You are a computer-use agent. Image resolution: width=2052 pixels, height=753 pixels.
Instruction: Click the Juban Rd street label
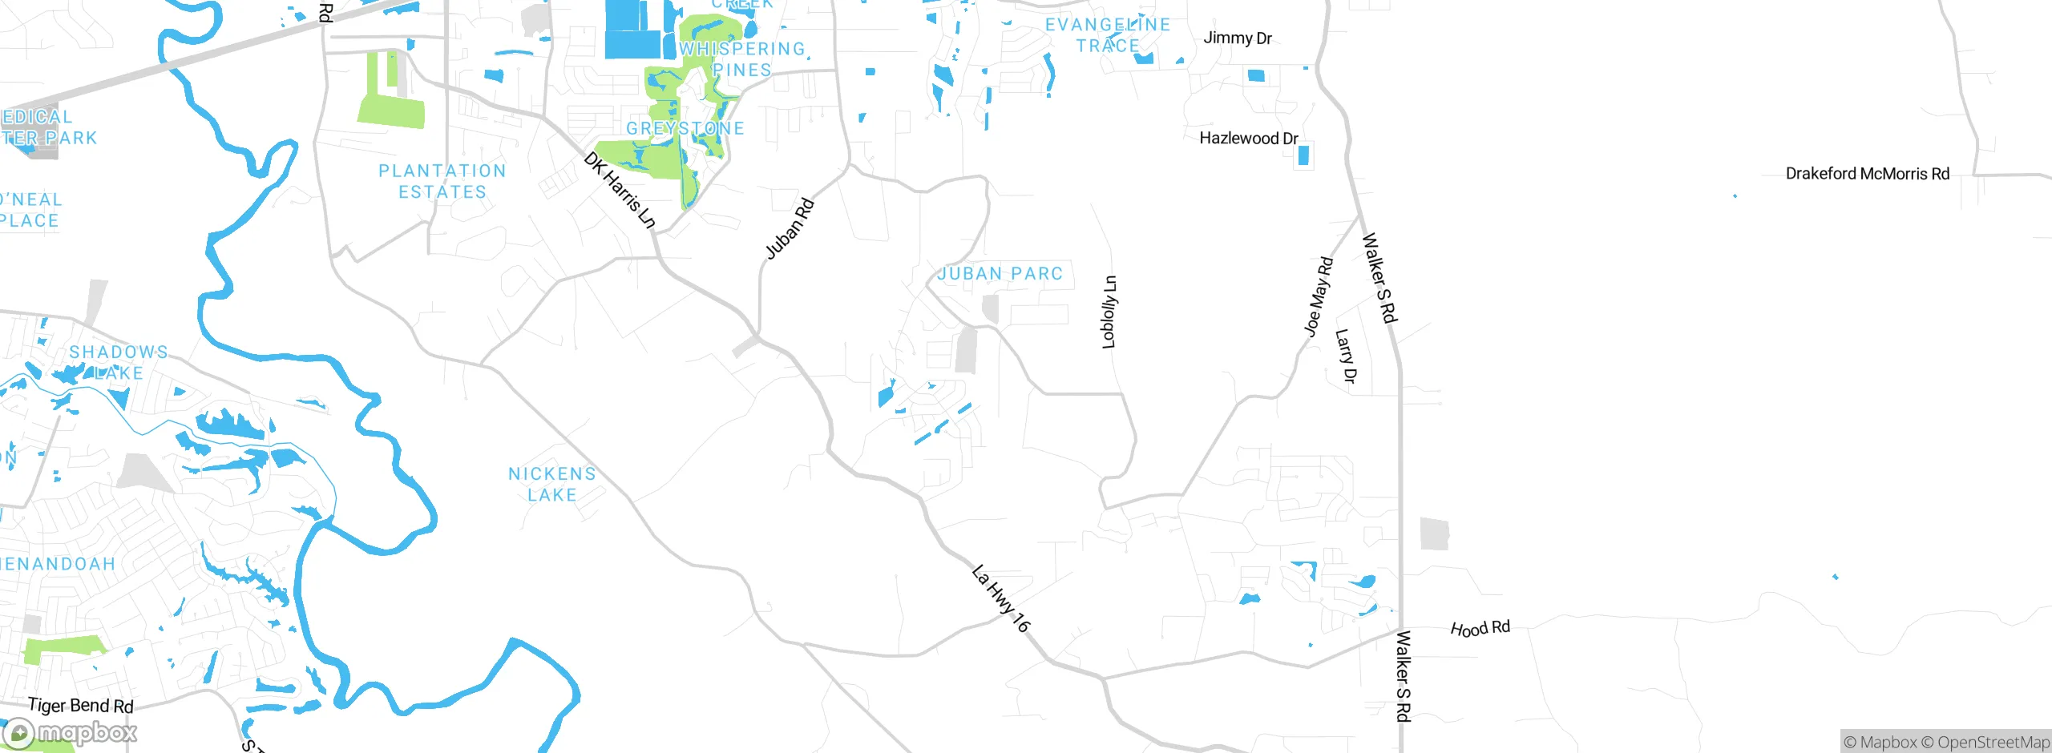click(790, 229)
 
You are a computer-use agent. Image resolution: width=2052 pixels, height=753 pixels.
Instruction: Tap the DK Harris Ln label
click(620, 190)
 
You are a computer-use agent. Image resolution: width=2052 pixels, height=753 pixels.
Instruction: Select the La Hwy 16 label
click(1000, 598)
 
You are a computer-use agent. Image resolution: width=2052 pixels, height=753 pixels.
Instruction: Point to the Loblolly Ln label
click(1109, 312)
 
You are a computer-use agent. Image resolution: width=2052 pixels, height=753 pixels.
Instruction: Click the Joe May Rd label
click(1318, 297)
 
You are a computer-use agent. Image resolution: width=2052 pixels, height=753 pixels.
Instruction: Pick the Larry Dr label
click(1346, 356)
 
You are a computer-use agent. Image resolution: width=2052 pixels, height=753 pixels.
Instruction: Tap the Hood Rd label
click(1480, 628)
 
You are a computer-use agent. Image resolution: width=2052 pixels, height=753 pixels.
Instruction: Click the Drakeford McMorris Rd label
click(1867, 174)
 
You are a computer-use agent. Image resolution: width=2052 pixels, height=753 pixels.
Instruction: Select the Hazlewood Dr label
click(1248, 139)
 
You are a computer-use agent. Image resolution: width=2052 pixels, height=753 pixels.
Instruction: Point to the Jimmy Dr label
click(1237, 38)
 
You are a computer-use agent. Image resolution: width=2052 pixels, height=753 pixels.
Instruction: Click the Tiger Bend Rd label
click(80, 706)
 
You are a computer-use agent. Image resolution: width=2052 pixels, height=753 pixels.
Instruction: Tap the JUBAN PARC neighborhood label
click(1000, 274)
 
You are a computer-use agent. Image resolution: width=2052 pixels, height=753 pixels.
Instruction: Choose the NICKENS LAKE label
click(552, 485)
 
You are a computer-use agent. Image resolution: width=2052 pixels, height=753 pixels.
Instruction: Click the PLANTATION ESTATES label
click(442, 182)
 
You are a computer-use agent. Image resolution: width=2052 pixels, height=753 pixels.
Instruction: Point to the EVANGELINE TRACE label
click(1108, 35)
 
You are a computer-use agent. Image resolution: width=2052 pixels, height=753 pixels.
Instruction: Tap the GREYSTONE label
click(685, 128)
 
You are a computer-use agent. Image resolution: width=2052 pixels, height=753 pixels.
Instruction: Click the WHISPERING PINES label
click(741, 59)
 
